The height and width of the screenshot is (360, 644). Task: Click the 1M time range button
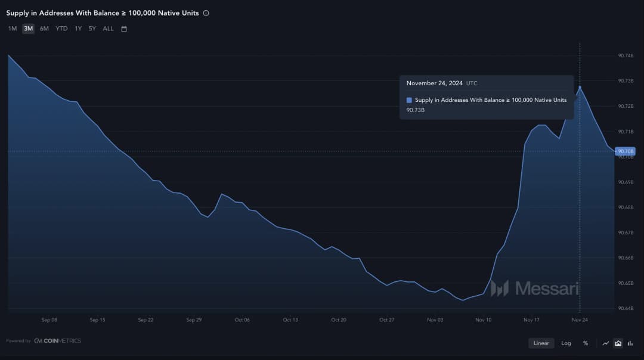click(13, 29)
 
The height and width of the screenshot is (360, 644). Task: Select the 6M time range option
click(44, 29)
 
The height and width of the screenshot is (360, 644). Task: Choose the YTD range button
click(61, 29)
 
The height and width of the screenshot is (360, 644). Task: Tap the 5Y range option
click(92, 29)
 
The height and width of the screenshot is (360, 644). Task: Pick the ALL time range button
click(108, 29)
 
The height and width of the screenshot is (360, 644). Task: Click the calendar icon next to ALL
click(124, 29)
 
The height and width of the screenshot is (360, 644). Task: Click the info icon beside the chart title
click(206, 13)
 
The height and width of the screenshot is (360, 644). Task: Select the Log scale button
click(566, 343)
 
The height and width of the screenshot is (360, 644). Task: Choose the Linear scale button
click(541, 343)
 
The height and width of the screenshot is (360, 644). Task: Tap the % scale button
click(586, 343)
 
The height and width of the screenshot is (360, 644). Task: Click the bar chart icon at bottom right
click(630, 343)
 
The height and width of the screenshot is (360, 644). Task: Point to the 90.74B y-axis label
click(626, 55)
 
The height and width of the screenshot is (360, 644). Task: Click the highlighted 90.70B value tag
click(626, 151)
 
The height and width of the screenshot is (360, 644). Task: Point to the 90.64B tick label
click(626, 308)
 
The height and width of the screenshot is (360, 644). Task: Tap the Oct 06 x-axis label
click(242, 320)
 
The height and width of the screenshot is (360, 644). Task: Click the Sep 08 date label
click(49, 320)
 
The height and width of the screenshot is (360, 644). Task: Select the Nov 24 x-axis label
click(580, 320)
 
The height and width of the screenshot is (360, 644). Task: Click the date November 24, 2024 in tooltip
click(435, 83)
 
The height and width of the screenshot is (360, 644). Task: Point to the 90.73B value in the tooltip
click(416, 110)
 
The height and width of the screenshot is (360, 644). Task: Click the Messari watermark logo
click(534, 288)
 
